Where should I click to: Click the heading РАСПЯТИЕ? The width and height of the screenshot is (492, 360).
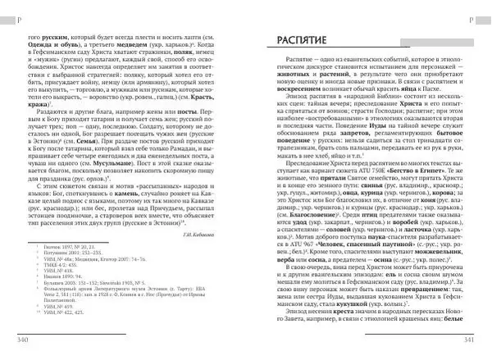(x=298, y=41)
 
